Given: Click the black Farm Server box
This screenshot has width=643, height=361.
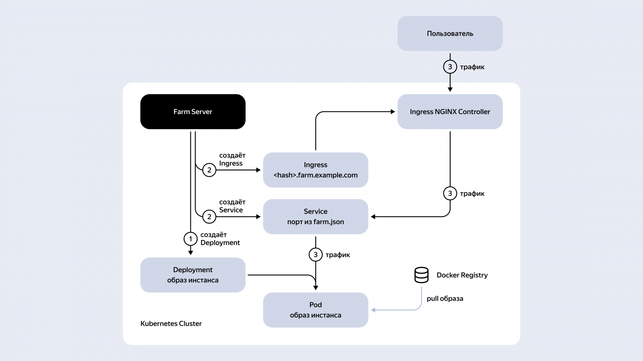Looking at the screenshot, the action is [193, 112].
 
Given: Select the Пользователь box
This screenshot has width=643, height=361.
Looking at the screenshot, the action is [450, 34].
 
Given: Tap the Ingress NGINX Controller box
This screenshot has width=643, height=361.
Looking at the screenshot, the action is [450, 112].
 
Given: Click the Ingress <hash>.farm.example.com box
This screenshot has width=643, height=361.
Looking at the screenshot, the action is [315, 170].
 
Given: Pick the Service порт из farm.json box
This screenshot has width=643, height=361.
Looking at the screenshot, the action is [315, 217].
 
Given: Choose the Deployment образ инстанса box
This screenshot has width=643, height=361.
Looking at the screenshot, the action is [193, 275].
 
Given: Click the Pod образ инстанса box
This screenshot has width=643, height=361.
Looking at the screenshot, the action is [315, 310].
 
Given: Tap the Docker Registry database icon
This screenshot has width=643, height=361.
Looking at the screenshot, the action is [421, 275].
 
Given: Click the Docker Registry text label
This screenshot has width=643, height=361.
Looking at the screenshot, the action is [462, 275].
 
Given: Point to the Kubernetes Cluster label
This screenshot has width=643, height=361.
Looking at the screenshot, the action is [171, 324].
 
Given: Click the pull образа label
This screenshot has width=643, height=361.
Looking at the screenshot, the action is [445, 298].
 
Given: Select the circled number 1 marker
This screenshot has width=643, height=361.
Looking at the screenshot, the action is [190, 239].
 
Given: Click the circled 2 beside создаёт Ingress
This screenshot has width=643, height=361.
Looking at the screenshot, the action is [209, 170].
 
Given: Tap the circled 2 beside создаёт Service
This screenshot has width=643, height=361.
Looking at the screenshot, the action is [209, 217].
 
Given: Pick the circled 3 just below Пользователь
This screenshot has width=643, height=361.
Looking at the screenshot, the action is [450, 67].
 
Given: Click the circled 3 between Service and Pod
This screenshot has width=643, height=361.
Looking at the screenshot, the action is [315, 255].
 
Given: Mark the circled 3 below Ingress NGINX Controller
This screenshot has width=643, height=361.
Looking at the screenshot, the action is [450, 193].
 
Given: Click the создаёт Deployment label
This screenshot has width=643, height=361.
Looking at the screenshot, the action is [220, 239].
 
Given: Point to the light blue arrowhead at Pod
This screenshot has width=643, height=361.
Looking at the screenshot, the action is [373, 310].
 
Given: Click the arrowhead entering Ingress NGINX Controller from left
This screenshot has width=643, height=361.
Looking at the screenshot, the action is [393, 112].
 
